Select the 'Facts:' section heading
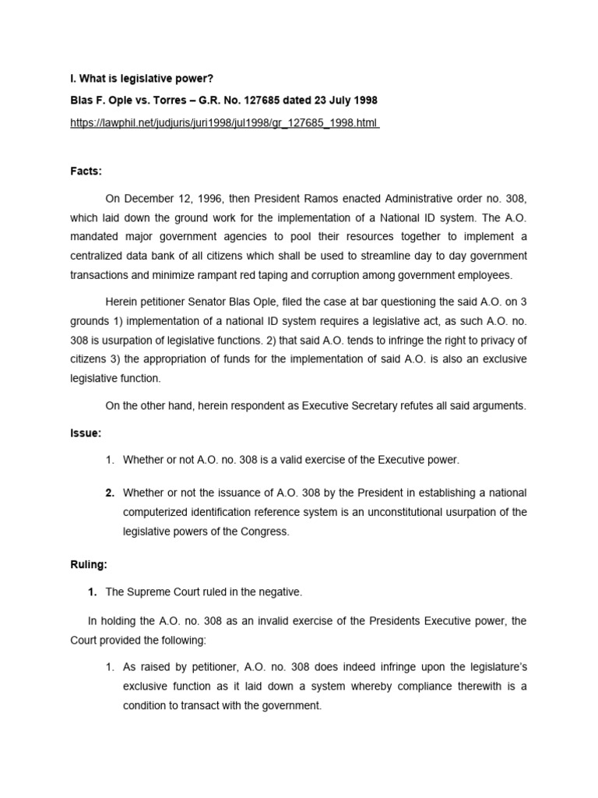click(86, 170)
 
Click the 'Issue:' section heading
click(86, 433)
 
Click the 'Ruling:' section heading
click(89, 564)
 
